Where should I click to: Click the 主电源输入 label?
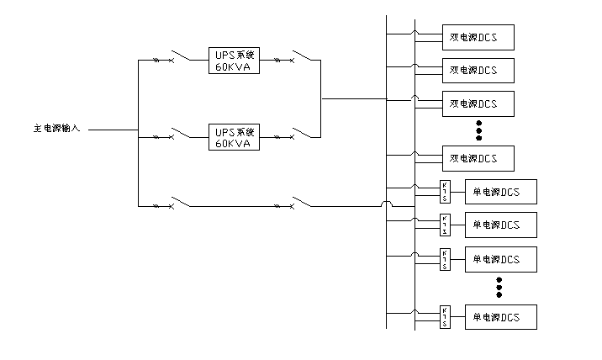point(56,130)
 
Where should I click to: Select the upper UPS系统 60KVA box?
point(235,61)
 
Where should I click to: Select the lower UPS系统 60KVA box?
point(235,137)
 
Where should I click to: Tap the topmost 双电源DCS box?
point(478,37)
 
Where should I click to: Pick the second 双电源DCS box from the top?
point(478,70)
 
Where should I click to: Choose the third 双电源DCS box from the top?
point(478,103)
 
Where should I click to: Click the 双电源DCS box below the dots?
point(478,158)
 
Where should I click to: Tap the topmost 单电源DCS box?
point(500,192)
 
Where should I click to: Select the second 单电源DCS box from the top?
point(500,225)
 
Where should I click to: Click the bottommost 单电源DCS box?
point(500,317)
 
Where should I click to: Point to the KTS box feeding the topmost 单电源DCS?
point(444,192)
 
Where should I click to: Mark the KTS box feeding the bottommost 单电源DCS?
point(444,317)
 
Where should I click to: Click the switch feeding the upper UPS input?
point(177,59)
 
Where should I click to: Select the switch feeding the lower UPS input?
point(177,135)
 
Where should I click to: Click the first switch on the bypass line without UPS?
point(177,204)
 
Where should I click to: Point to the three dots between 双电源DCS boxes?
point(478,130)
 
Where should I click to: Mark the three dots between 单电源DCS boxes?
point(499,287)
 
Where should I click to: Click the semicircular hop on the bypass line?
point(387,204)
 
